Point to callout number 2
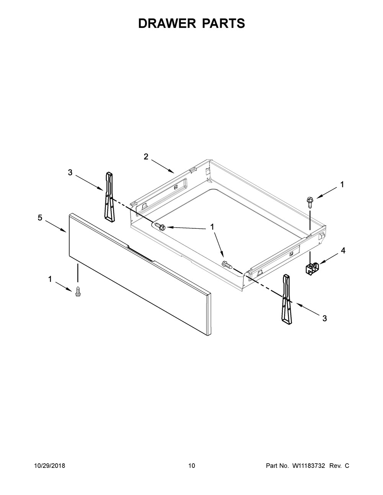(x=146, y=156)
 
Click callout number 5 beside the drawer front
(x=40, y=218)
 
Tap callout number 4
(x=343, y=251)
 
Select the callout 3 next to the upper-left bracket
(x=70, y=173)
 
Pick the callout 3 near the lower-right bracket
(x=325, y=318)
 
